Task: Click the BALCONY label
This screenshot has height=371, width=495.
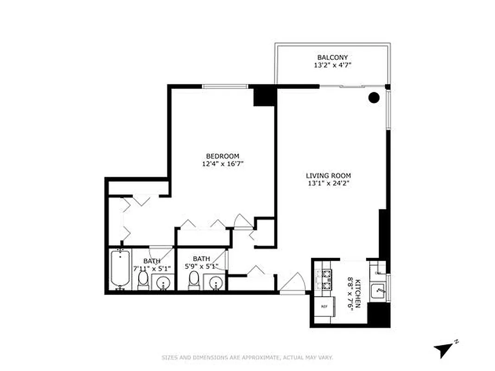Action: [x=332, y=57]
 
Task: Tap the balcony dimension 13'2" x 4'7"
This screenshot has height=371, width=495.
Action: [x=332, y=65]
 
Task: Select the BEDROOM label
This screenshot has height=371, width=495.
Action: [x=222, y=156]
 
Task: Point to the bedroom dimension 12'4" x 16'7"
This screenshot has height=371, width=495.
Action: [x=222, y=164]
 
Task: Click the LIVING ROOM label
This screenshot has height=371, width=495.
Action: [x=328, y=176]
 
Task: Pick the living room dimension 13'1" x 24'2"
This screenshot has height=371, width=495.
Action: [x=328, y=184]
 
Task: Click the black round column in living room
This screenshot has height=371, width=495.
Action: [x=374, y=97]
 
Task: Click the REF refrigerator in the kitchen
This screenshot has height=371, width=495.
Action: [x=324, y=307]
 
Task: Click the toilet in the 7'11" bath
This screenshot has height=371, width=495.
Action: [x=144, y=280]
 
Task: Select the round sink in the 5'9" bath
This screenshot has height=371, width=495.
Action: [x=215, y=282]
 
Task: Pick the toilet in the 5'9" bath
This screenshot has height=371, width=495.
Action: [x=194, y=280]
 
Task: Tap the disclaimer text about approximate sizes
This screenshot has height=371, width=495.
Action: [x=247, y=357]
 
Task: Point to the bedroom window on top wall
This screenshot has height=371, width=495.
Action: [x=225, y=86]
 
